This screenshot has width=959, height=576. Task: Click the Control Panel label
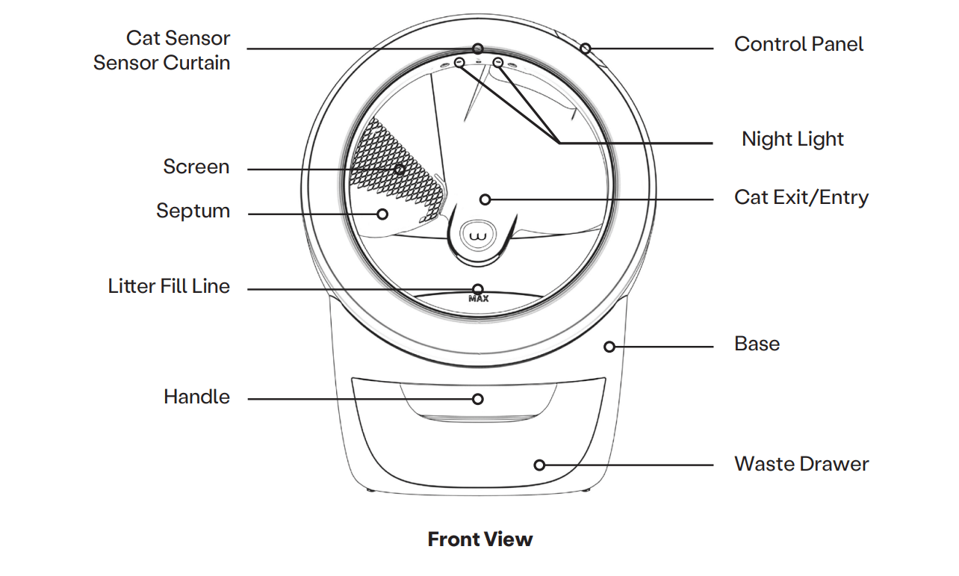coord(798,45)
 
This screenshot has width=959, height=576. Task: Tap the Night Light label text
coord(792,140)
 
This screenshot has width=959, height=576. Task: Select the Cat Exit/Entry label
coord(801,198)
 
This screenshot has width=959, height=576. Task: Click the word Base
coord(757,344)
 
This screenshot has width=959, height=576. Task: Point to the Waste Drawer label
coord(801,464)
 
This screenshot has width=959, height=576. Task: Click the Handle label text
coord(196,397)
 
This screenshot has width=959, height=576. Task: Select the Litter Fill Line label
coord(169,286)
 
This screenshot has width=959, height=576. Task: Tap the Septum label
coord(193,211)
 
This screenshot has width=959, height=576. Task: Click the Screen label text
coord(196,167)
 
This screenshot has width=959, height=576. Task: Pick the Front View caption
coord(479,539)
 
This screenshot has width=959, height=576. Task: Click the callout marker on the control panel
coord(586,49)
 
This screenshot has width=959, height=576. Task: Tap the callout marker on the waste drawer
coord(539,465)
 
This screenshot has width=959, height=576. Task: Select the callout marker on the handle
coord(478,399)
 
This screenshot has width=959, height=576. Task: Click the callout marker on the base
coord(609,347)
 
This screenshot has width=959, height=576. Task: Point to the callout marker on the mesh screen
coord(400,170)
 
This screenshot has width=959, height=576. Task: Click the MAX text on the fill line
coord(478,299)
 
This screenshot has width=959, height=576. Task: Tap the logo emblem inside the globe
coord(478,238)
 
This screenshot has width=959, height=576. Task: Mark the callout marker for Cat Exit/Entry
coord(485,199)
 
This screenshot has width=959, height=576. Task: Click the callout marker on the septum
coord(382,214)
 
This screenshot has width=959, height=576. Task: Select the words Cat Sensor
coord(178,38)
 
